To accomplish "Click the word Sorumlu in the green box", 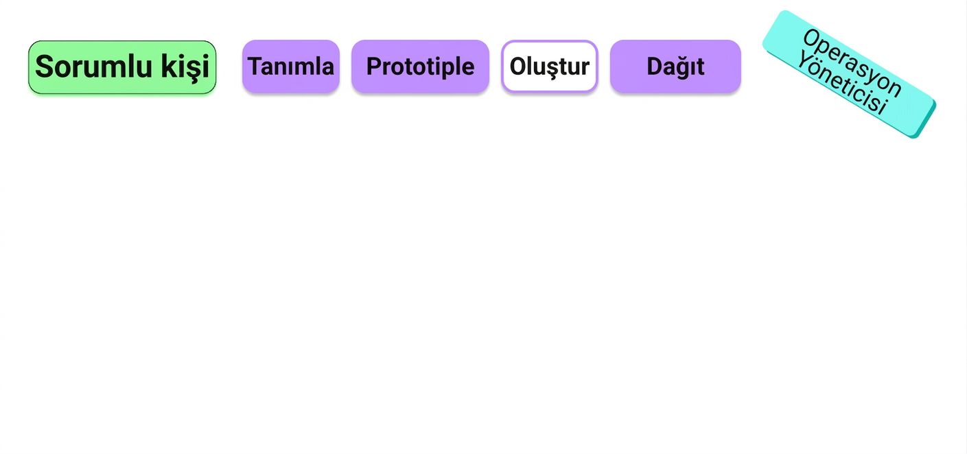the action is (x=93, y=67).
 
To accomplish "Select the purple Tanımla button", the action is (x=291, y=67).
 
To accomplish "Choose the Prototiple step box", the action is (x=421, y=67).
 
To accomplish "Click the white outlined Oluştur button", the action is (x=550, y=67).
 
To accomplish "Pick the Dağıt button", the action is (x=675, y=67).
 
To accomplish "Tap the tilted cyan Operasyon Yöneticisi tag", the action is (x=849, y=74).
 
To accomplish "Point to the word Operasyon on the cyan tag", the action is (x=852, y=62).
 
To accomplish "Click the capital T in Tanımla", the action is (x=255, y=67).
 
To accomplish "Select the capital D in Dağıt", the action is (x=655, y=67).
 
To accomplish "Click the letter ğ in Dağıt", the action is (x=685, y=68).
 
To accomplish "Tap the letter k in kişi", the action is (x=169, y=67).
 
